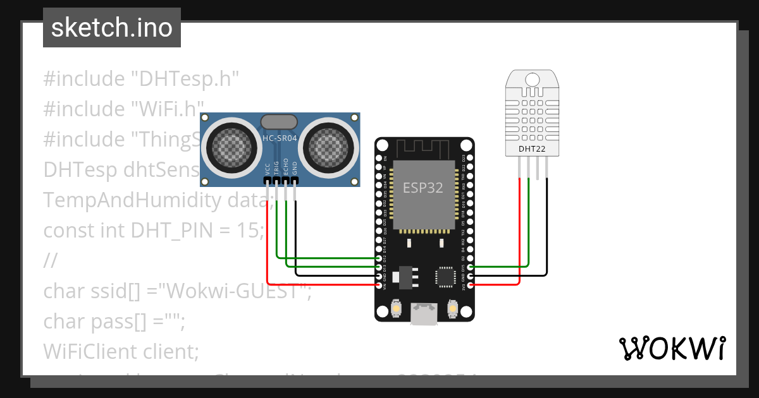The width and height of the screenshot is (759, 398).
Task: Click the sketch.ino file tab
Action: pyautogui.click(x=111, y=28)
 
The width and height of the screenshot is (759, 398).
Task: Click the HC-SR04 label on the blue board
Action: pyautogui.click(x=280, y=138)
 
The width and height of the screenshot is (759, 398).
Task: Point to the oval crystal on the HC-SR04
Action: pyautogui.click(x=279, y=122)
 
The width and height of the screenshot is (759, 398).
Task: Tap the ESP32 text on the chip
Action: pyautogui.click(x=423, y=187)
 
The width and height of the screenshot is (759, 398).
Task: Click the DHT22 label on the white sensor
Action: pyautogui.click(x=531, y=149)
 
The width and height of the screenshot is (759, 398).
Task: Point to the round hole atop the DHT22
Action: pyautogui.click(x=532, y=80)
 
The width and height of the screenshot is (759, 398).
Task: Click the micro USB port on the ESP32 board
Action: pyautogui.click(x=423, y=313)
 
